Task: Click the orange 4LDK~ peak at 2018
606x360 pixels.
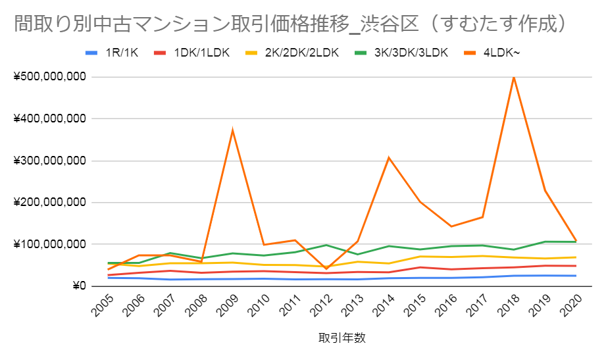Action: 513,78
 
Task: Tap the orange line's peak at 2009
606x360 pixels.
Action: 232,130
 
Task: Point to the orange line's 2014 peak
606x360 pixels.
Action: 388,158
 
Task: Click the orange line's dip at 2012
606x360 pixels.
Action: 326,269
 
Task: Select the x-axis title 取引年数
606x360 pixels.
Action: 341,338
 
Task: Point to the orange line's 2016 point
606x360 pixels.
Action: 451,226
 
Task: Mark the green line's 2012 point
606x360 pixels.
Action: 326,245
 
